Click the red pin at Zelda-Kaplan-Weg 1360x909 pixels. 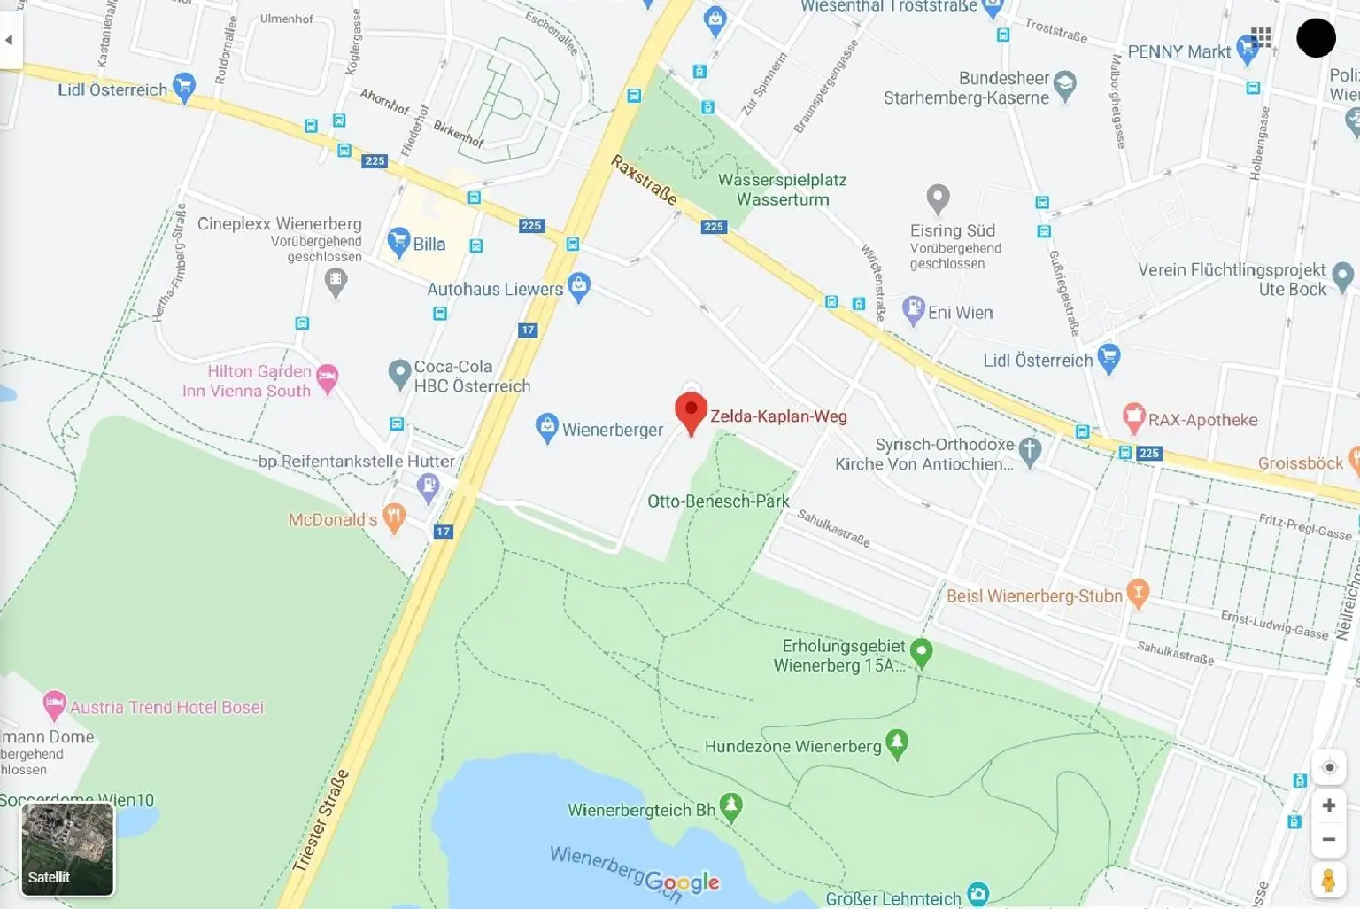pyautogui.click(x=691, y=411)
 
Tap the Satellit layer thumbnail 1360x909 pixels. pyautogui.click(x=67, y=849)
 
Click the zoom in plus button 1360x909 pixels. pyautogui.click(x=1328, y=805)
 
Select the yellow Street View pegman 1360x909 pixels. pyautogui.click(x=1328, y=881)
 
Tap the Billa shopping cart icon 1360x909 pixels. pyautogui.click(x=398, y=241)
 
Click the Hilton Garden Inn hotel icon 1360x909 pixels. pyautogui.click(x=327, y=377)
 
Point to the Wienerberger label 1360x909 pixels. pyautogui.click(x=612, y=430)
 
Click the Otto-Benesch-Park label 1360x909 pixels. pyautogui.click(x=718, y=501)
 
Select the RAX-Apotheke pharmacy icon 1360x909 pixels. pyautogui.click(x=1133, y=416)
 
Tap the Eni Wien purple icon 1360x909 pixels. pyautogui.click(x=913, y=310)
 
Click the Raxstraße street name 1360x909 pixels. pyautogui.click(x=644, y=179)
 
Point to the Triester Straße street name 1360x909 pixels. pyautogui.click(x=321, y=821)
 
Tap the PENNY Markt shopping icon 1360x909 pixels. pyautogui.click(x=1247, y=48)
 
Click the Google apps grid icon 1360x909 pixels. pyautogui.click(x=1261, y=37)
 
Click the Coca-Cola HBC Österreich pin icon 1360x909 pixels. pyautogui.click(x=399, y=373)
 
